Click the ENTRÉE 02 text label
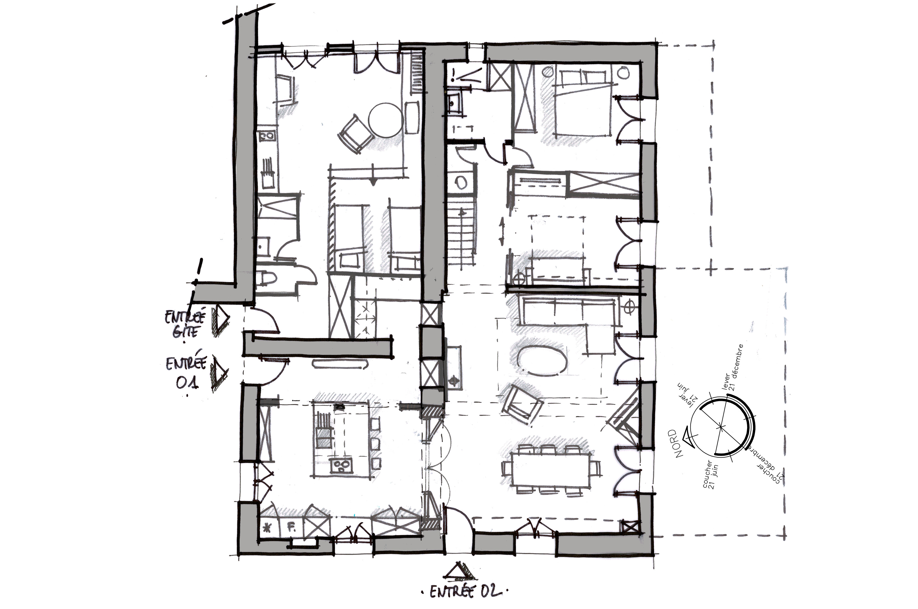pos(464,592)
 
